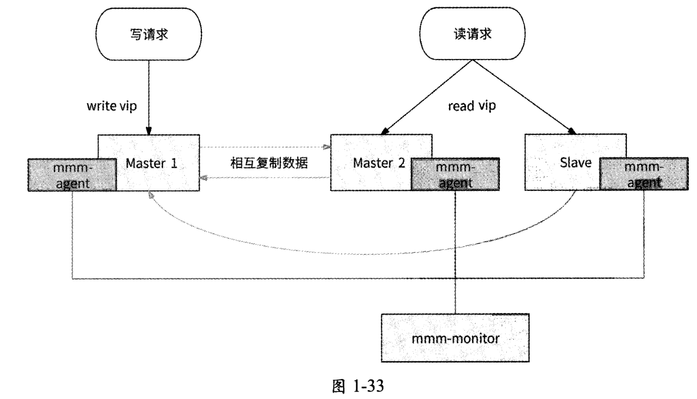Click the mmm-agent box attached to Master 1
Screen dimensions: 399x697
[x=71, y=176]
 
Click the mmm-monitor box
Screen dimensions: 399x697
[x=456, y=338]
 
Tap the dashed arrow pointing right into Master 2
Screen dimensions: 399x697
[x=265, y=147]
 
